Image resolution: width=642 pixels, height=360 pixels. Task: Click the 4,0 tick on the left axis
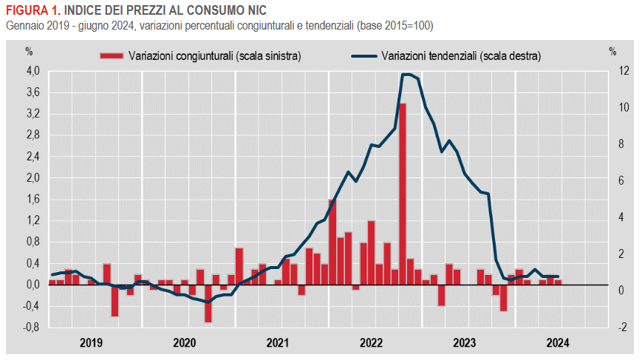pos(33,72)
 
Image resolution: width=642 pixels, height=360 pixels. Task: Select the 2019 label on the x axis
pos(91,342)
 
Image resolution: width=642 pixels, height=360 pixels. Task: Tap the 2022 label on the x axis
pos(371,342)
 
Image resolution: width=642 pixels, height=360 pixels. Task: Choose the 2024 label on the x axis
pos(557,342)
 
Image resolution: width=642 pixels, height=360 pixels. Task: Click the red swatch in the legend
pos(112,55)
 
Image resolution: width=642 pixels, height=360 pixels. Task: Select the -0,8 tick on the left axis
pos(30,327)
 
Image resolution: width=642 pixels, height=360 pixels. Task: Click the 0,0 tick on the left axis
pos(33,285)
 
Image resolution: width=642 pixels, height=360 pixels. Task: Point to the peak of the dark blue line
pos(406,74)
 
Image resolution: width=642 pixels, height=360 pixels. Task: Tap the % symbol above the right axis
pos(612,52)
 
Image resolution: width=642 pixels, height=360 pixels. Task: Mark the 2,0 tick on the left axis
pos(33,178)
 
